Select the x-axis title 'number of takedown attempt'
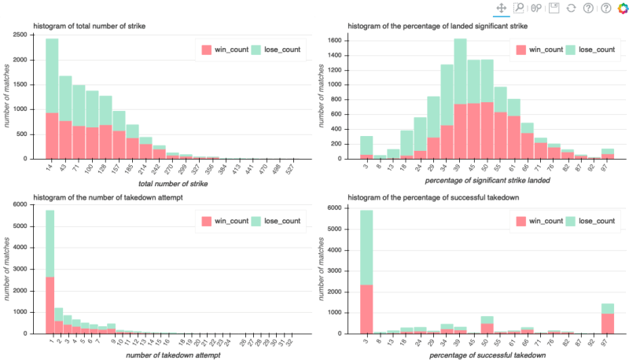coord(173,356)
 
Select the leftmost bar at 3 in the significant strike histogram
coord(366,147)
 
